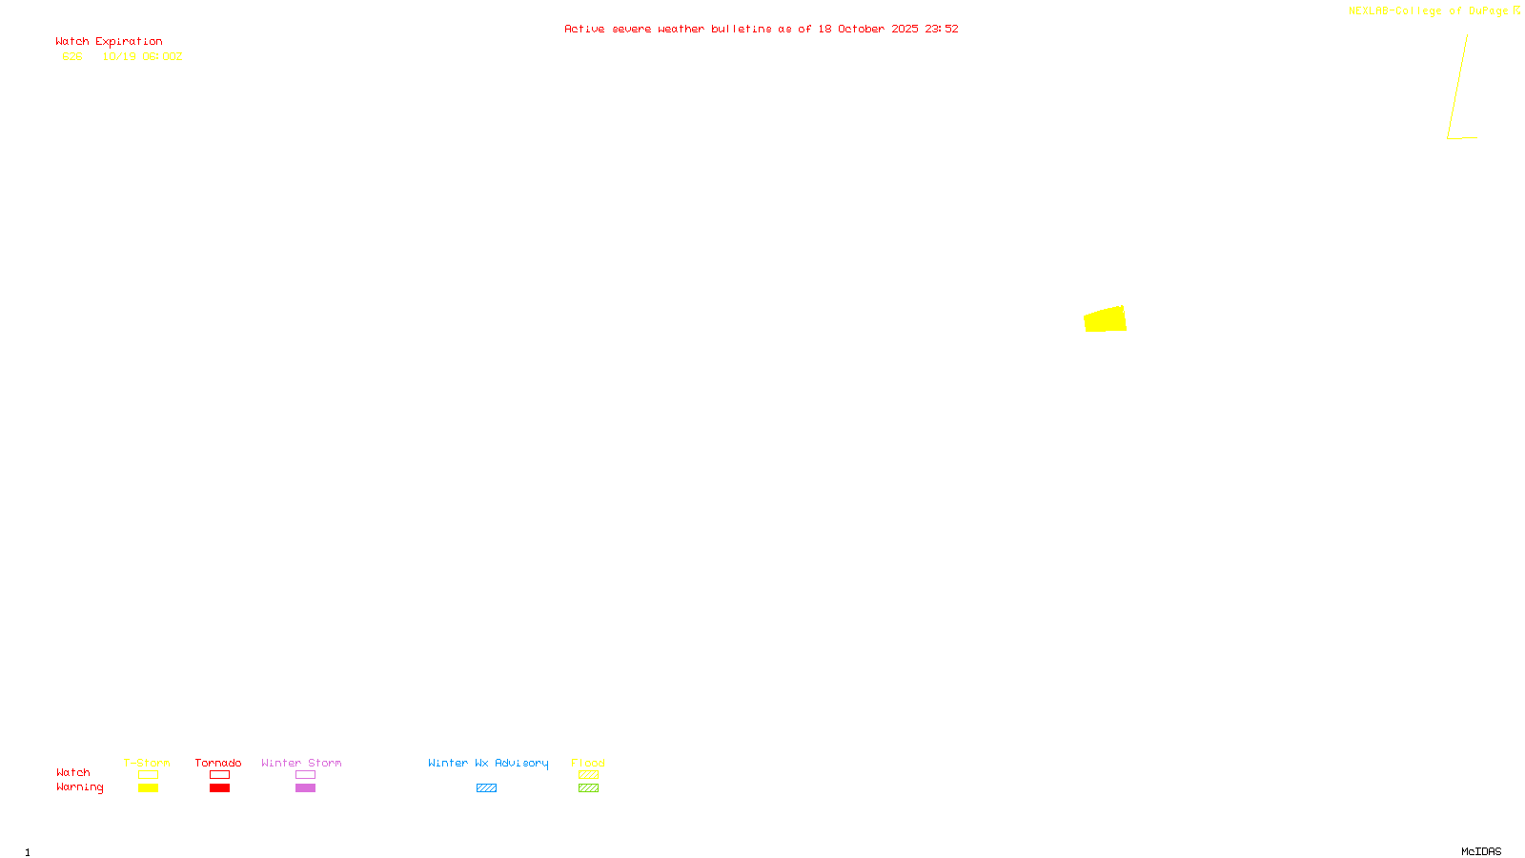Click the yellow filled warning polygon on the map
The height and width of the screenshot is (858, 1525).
click(x=1106, y=319)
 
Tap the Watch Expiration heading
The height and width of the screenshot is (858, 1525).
click(x=109, y=42)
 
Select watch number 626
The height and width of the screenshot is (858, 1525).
click(x=72, y=57)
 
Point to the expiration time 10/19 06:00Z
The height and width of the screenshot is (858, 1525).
click(x=142, y=57)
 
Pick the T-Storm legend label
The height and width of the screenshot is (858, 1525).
click(x=147, y=764)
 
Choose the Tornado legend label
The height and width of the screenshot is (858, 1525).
click(x=218, y=764)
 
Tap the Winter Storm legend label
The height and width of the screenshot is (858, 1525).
click(x=301, y=764)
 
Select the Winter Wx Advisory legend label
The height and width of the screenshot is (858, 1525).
click(x=488, y=764)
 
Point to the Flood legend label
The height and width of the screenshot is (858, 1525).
click(x=588, y=764)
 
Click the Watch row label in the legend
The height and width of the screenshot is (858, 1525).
click(x=73, y=773)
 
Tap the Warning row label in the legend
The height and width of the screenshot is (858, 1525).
click(x=80, y=787)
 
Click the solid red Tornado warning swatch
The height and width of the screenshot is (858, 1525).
click(x=219, y=788)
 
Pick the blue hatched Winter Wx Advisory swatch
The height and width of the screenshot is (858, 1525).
click(x=486, y=788)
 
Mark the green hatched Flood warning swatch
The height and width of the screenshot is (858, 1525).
click(x=588, y=788)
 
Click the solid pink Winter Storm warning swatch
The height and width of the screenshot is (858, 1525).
click(x=305, y=788)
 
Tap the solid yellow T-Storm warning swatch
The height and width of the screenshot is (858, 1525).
click(x=148, y=788)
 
